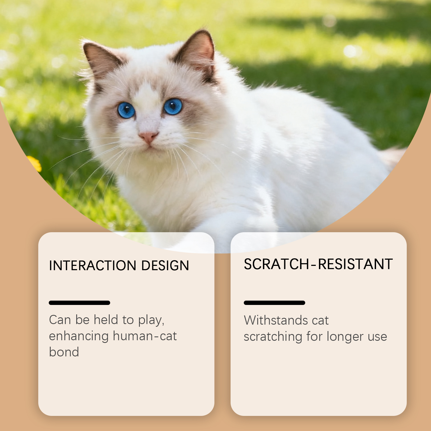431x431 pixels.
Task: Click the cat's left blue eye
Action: (x=126, y=110)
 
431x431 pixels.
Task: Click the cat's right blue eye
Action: (x=173, y=106)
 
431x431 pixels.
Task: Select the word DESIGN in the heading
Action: (x=165, y=266)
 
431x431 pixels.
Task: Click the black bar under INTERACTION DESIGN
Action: (x=79, y=303)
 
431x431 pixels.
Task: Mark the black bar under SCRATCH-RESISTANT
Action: (x=274, y=303)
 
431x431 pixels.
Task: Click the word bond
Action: (x=64, y=352)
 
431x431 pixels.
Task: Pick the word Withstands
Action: (x=276, y=320)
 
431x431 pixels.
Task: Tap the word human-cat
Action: (x=145, y=336)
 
